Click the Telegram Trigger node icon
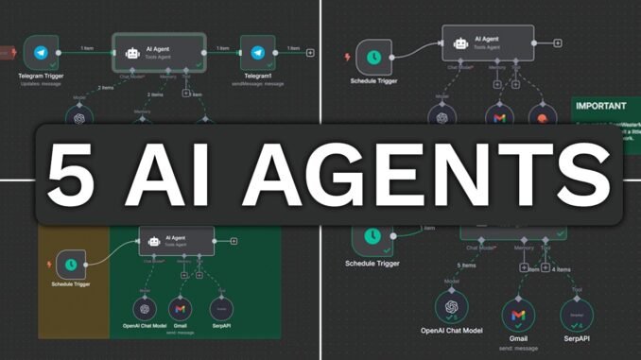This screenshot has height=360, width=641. pos(42,54)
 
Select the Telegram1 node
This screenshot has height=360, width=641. pos(257,54)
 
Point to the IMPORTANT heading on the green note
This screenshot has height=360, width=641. pos(599,106)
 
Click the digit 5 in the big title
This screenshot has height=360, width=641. pos(75,176)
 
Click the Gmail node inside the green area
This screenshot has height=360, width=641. pos(179,308)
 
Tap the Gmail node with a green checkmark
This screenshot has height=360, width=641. pos(517,314)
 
